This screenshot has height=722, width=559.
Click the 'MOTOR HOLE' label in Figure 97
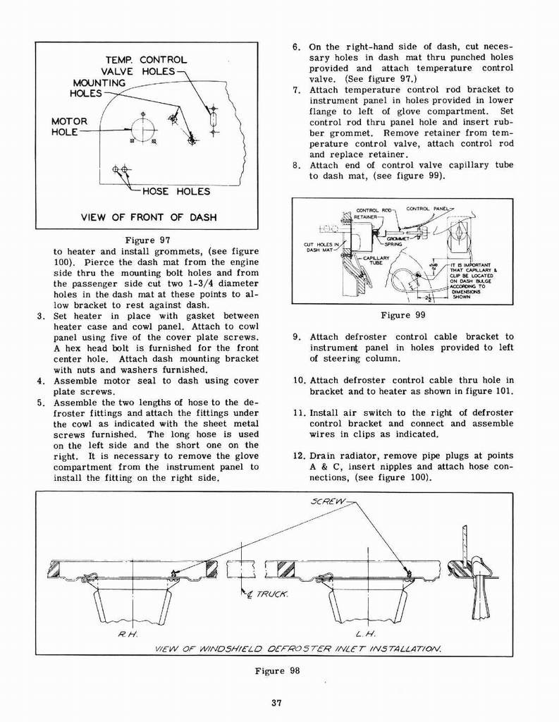coord(69,126)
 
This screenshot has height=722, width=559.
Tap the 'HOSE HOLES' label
coord(176,191)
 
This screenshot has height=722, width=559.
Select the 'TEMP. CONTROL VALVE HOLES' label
coord(144,66)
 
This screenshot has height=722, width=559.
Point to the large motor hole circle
coord(143,128)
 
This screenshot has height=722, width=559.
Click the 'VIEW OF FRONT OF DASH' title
coord(149,217)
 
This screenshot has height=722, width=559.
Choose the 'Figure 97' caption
coord(149,240)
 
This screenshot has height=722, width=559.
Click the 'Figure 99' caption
coord(405,314)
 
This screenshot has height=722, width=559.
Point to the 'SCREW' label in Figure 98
coord(328,501)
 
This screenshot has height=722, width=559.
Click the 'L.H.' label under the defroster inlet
coord(364,633)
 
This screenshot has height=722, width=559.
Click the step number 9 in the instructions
coord(296,337)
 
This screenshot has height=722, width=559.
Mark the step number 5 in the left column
coord(42,403)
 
